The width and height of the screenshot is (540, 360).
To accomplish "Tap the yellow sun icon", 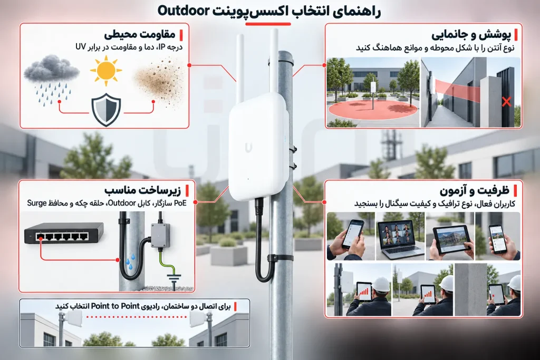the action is [106, 71].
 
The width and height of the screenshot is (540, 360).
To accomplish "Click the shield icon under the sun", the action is [106, 110].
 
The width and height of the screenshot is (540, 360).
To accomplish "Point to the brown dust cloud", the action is [158, 80].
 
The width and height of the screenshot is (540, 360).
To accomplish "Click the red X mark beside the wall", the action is [506, 102].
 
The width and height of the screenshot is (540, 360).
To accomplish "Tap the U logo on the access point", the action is [248, 147].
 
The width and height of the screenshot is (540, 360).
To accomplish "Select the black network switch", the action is [64, 233].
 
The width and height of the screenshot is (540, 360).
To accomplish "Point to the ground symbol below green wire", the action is [174, 278].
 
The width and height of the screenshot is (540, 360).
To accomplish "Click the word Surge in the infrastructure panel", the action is [37, 203].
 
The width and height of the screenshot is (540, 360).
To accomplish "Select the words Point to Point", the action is [115, 306].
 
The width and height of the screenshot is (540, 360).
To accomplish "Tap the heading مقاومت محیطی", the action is [139, 35].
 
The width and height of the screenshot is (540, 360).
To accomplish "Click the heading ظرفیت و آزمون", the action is [474, 191].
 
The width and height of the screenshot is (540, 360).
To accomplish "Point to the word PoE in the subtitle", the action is [180, 203].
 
